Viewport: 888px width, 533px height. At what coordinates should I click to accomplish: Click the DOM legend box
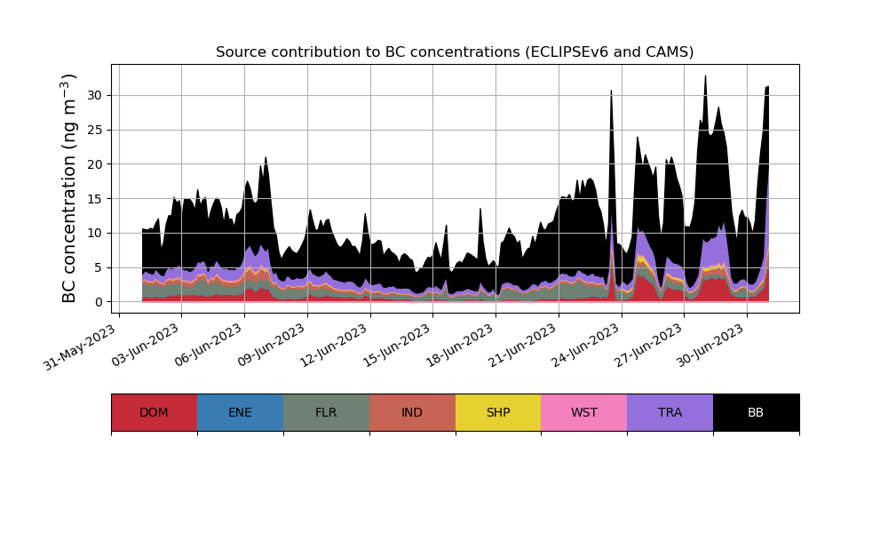tap(154, 412)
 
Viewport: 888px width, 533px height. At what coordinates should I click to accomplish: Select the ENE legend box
tap(240, 412)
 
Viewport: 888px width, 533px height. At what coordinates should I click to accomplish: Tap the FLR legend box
tap(326, 412)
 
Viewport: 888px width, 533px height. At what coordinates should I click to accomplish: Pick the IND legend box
tap(412, 412)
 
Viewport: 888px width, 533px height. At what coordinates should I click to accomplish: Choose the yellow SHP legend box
tap(498, 412)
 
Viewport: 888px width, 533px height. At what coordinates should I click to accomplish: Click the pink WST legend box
tap(584, 412)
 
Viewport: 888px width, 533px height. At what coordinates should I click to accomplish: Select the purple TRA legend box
tap(670, 412)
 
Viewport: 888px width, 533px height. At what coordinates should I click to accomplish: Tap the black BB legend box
tap(756, 412)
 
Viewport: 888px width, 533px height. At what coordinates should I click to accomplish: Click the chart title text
tap(455, 52)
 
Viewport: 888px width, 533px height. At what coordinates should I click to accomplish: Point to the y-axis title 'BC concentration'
tap(70, 188)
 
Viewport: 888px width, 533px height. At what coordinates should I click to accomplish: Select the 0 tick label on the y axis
tap(99, 302)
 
